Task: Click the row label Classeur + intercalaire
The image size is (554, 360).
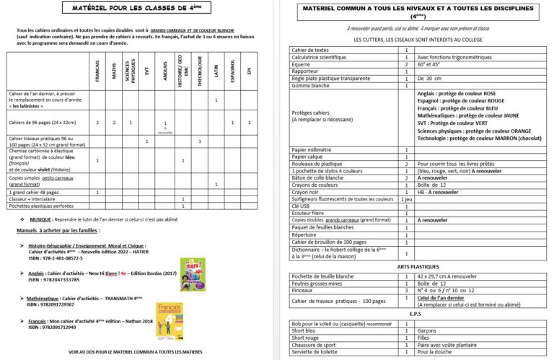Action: [x=34, y=199]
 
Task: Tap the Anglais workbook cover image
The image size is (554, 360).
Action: [x=193, y=275]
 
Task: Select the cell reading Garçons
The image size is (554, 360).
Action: [x=428, y=330]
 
